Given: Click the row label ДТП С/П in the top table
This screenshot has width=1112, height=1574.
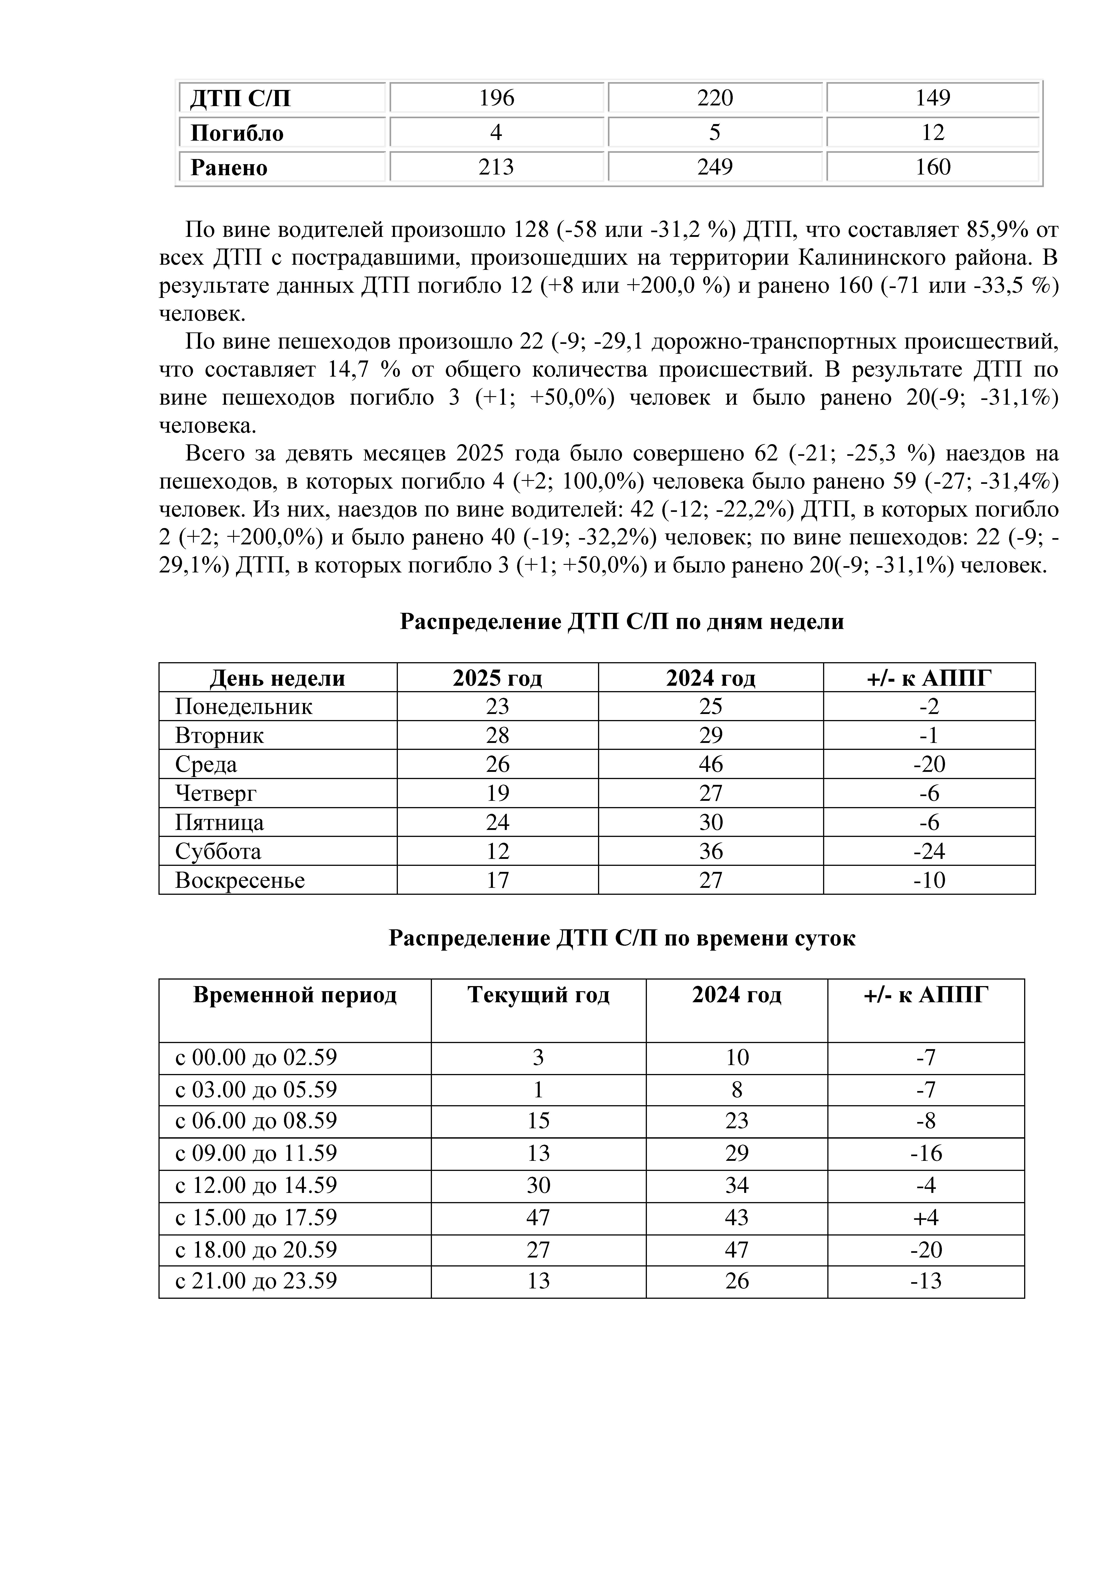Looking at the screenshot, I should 240,98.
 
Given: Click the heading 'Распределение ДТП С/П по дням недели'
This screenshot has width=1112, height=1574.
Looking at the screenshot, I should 621,622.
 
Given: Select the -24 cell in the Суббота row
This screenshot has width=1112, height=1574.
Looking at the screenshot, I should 928,851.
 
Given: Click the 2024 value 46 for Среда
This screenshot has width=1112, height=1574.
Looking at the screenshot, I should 711,764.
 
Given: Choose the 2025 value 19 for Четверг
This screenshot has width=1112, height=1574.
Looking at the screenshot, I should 497,793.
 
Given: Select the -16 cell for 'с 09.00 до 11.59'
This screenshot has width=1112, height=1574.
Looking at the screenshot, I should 926,1154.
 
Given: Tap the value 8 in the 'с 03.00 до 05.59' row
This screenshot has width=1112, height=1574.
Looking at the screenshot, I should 737,1090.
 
